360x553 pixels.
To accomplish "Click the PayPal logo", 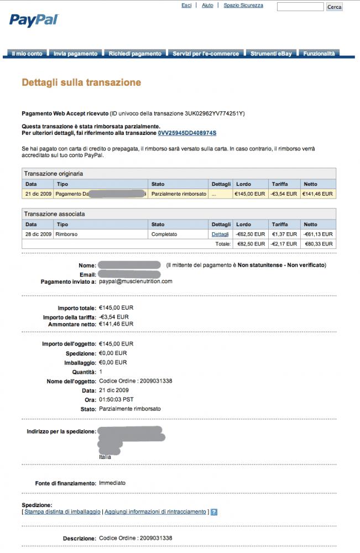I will pyautogui.click(x=33, y=20).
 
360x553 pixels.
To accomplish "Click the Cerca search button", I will pyautogui.click(x=335, y=7).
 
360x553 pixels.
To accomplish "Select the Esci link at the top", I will pyautogui.click(x=186, y=6).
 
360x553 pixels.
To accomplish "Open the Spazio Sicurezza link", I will pyautogui.click(x=243, y=6).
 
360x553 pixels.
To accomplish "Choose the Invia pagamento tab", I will pyautogui.click(x=76, y=54).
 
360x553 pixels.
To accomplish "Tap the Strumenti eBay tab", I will pyautogui.click(x=271, y=54).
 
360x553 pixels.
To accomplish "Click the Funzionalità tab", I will pyautogui.click(x=319, y=54).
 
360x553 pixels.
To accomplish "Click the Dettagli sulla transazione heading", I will pyautogui.click(x=81, y=83).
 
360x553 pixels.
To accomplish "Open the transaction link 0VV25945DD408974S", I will pyautogui.click(x=187, y=133).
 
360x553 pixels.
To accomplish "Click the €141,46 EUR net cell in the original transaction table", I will pyautogui.click(x=317, y=194).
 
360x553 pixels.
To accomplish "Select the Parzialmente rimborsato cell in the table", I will pyautogui.click(x=179, y=194).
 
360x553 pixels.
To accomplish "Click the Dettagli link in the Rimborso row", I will pyautogui.click(x=220, y=234).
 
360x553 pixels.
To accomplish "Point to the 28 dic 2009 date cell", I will pyautogui.click(x=39, y=234).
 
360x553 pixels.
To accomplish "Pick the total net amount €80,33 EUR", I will pyautogui.click(x=319, y=244).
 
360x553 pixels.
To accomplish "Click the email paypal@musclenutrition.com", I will pyautogui.click(x=135, y=281).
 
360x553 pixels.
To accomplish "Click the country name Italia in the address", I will pyautogui.click(x=105, y=457).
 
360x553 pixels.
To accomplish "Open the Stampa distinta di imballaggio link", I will pyautogui.click(x=62, y=512).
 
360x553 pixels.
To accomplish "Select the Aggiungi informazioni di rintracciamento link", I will pyautogui.click(x=155, y=512).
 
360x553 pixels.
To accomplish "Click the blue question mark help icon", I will pyautogui.click(x=214, y=512).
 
